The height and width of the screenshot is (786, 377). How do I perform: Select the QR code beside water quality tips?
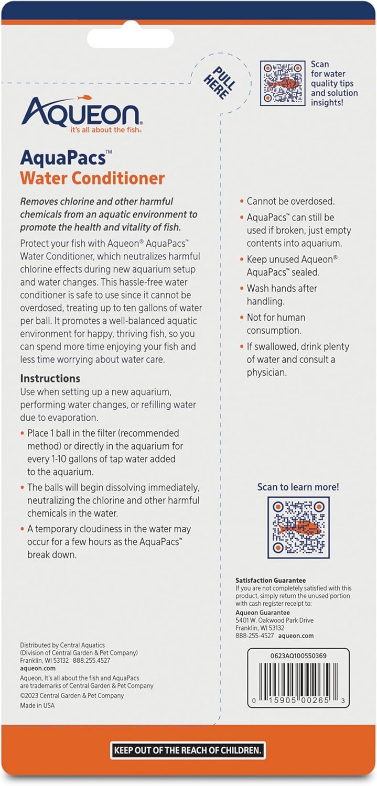point(283,83)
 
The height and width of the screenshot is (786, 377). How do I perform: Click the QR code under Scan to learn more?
point(298,528)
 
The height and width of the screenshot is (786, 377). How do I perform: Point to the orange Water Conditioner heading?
point(92,178)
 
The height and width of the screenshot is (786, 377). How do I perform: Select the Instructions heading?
point(50,378)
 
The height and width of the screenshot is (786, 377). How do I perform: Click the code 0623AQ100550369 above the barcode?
point(298,656)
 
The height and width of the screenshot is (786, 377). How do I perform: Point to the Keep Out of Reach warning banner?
point(188,750)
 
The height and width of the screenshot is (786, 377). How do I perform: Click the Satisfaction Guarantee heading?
point(271,581)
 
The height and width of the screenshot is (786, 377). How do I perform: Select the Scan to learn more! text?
point(298,487)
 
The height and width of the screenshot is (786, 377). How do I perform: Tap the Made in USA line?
point(37,705)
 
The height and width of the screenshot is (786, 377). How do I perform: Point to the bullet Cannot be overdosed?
point(290,201)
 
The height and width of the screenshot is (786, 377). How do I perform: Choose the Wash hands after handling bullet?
point(282,294)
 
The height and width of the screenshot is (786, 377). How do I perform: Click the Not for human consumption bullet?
point(276,324)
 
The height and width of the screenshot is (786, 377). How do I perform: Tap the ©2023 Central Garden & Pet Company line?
point(72,696)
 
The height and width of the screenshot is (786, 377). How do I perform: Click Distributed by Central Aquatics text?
point(62,645)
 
